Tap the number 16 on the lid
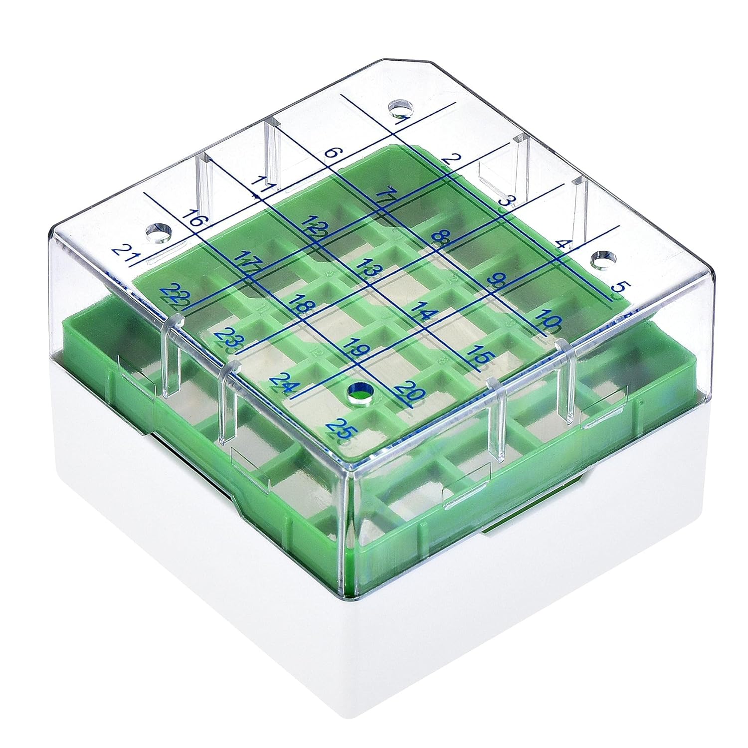tap(192, 218)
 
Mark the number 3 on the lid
tap(506, 202)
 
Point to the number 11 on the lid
tap(261, 185)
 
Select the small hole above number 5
tap(603, 259)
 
